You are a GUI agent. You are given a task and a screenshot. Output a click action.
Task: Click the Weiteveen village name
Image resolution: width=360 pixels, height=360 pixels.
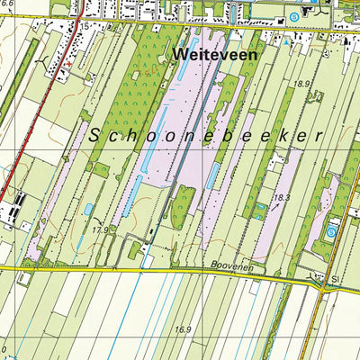point(213,55)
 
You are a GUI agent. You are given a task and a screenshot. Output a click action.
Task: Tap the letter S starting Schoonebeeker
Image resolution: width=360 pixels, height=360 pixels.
point(95,136)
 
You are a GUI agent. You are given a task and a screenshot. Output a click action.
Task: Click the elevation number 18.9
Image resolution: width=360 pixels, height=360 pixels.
point(301,83)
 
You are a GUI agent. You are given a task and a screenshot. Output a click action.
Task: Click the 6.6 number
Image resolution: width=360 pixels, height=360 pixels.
point(8,4)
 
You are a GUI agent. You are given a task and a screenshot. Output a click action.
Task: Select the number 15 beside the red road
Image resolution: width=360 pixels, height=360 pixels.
point(84,28)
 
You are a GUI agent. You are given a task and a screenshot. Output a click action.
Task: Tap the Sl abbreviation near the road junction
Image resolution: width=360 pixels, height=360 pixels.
point(335,280)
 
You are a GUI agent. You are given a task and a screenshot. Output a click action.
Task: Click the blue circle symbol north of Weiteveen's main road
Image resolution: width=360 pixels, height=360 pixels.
point(294,17)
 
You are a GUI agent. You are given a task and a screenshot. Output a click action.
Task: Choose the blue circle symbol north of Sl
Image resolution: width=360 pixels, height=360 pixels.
point(332,232)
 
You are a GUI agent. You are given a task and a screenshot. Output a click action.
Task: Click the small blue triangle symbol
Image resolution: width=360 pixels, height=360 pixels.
point(286,41)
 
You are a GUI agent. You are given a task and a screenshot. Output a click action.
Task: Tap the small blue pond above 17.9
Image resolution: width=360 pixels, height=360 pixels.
point(88,210)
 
